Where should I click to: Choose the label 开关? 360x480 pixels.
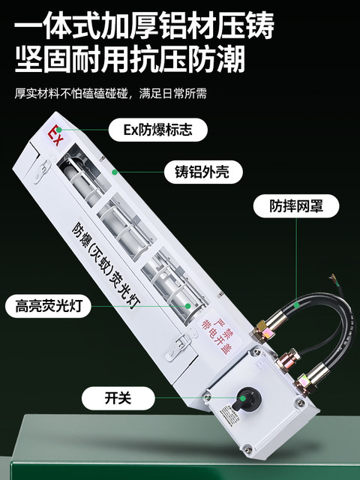pyautogui.click(x=118, y=398)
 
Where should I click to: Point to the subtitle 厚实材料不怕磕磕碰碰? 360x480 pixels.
pyautogui.click(x=73, y=94)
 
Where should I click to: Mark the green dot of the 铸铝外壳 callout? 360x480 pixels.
pyautogui.click(x=115, y=172)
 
